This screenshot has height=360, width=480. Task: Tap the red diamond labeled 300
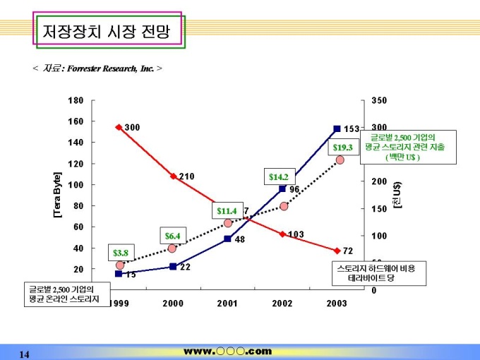(119, 127)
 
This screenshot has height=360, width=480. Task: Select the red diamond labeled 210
(173, 176)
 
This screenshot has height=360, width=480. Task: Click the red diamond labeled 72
(337, 251)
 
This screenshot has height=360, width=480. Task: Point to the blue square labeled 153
(337, 129)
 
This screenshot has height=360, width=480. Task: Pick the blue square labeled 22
(173, 266)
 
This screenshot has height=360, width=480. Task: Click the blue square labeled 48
(228, 239)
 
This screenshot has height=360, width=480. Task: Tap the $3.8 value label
(121, 253)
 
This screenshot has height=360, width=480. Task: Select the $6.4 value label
(173, 236)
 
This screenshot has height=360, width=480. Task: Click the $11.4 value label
(227, 210)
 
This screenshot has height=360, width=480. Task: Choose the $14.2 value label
(278, 176)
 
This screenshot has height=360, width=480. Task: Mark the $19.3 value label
(342, 148)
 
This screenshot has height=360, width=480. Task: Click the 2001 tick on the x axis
(228, 303)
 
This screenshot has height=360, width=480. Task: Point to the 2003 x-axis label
(337, 303)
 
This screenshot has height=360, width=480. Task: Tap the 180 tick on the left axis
(76, 101)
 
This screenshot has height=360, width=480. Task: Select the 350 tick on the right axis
(379, 101)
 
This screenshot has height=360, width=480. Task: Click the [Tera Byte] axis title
(58, 194)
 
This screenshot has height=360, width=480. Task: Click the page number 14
(24, 354)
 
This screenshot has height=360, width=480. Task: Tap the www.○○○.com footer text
(227, 351)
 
